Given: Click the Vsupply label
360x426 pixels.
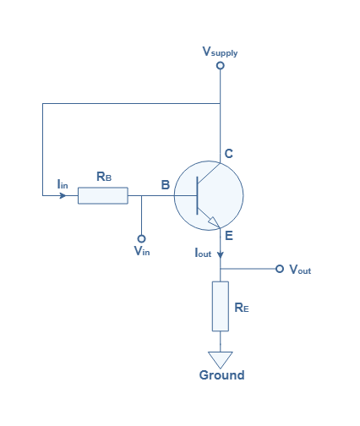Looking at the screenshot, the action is pyautogui.click(x=220, y=52).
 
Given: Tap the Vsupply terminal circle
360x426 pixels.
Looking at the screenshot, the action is pyautogui.click(x=221, y=65).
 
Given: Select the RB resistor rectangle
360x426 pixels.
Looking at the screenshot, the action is pyautogui.click(x=103, y=195).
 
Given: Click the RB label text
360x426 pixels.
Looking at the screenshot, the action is pyautogui.click(x=104, y=177).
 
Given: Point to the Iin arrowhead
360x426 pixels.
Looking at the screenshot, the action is pyautogui.click(x=63, y=195).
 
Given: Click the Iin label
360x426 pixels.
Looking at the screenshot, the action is pyautogui.click(x=63, y=184).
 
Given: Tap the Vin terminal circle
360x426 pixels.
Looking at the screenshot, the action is pyautogui.click(x=141, y=238).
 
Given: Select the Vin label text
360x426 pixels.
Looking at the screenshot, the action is pyautogui.click(x=142, y=250).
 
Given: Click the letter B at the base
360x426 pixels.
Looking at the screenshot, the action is pyautogui.click(x=166, y=185).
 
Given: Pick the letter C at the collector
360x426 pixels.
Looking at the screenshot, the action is pyautogui.click(x=229, y=154).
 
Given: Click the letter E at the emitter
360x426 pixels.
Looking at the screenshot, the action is pyautogui.click(x=229, y=236).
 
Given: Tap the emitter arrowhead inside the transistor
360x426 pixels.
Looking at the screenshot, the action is pyautogui.click(x=214, y=222).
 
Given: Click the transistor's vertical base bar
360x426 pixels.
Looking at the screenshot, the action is pyautogui.click(x=197, y=195).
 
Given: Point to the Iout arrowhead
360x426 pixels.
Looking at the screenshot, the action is pyautogui.click(x=221, y=254).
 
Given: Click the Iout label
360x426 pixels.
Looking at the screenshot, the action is pyautogui.click(x=203, y=253).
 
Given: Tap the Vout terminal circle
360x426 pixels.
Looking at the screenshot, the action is pyautogui.click(x=280, y=269).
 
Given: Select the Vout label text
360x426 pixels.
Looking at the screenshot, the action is pyautogui.click(x=300, y=270).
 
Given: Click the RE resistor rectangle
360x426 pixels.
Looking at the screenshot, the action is pyautogui.click(x=221, y=306).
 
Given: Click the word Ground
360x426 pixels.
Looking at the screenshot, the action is pyautogui.click(x=221, y=375).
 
